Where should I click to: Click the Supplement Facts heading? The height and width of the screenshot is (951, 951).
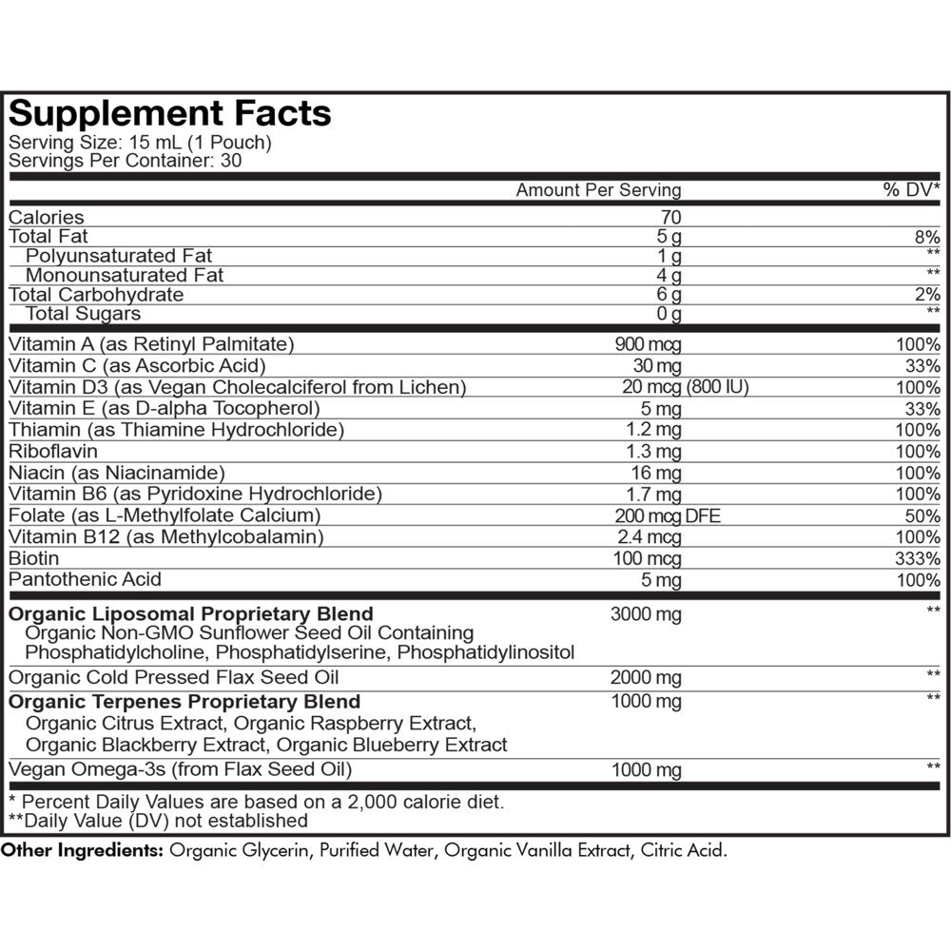[x=170, y=114]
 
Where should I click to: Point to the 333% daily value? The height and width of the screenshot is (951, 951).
[x=920, y=558]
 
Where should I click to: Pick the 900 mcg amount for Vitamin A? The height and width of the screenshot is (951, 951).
[x=649, y=344]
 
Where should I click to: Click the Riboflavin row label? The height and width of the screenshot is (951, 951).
[x=52, y=451]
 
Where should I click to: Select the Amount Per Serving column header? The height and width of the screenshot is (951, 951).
[x=598, y=190]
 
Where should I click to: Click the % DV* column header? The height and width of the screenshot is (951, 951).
[x=912, y=190]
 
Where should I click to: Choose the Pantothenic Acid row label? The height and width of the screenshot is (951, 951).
[x=85, y=579]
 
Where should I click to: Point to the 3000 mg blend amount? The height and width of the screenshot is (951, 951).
[x=646, y=614]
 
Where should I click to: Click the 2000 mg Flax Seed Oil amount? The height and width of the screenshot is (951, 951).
[x=646, y=677]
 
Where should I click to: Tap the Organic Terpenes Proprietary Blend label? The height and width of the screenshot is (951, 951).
[x=184, y=702]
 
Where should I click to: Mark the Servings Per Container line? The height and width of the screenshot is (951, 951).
[x=125, y=161]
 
